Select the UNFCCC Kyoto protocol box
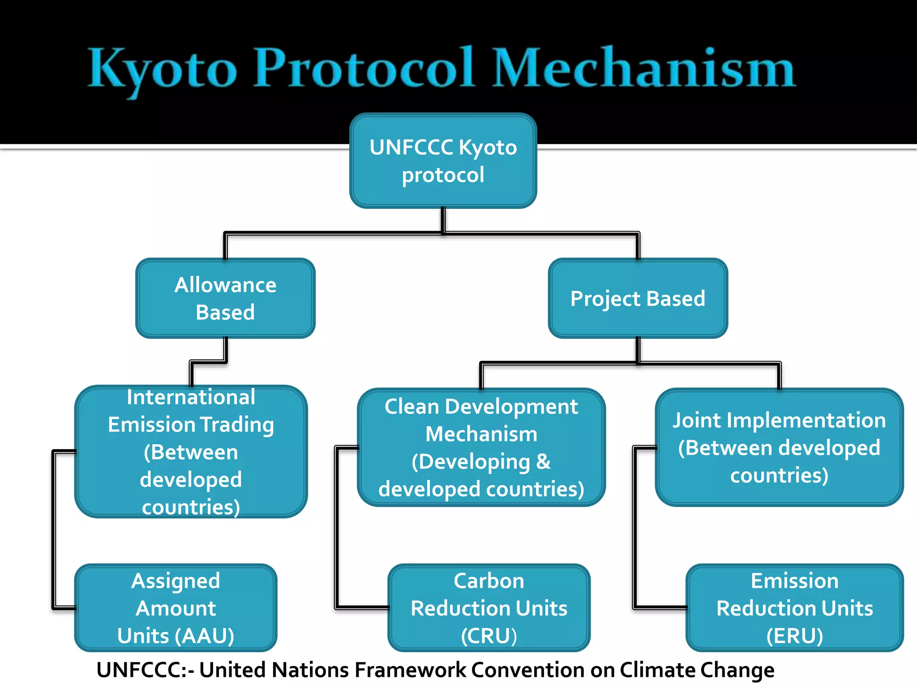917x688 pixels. point(443,160)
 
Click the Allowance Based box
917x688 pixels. point(225,298)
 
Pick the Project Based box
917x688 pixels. point(638,298)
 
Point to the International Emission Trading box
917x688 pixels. point(191,451)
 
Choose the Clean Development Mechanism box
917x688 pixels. point(481,447)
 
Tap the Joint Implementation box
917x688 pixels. point(779,447)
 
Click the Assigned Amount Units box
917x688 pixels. point(176,608)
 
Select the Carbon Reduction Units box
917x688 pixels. point(489,608)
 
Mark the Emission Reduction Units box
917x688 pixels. point(794,608)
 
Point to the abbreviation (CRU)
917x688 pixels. point(489,636)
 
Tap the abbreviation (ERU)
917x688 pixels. point(794,636)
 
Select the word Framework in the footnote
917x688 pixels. point(410,671)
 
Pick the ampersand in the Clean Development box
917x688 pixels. point(543,461)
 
